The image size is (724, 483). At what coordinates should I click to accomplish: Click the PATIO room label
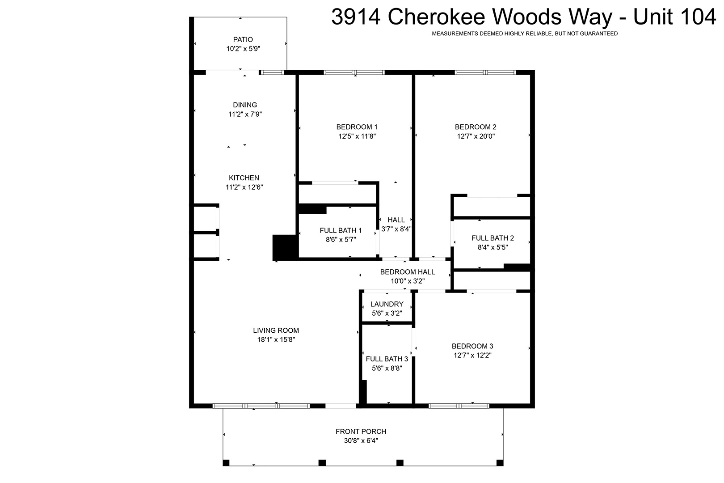coord(243,39)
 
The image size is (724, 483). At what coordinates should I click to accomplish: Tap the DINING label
coord(245,105)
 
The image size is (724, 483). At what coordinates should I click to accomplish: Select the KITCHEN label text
coord(244,178)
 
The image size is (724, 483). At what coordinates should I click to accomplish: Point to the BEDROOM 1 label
coord(357,127)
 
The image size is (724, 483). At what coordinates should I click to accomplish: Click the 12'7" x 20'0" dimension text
coord(476,136)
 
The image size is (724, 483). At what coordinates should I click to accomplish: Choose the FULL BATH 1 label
coord(341,230)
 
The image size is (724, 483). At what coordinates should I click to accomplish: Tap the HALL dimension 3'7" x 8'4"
coord(396,229)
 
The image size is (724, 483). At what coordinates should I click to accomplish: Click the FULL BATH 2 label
coord(492,238)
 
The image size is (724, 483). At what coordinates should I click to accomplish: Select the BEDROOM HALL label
coord(408,272)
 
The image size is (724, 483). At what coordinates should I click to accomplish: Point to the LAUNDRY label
coord(387,304)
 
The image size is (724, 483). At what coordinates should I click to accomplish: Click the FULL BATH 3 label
coord(387,359)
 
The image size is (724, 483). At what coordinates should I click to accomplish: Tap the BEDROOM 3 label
coord(472,346)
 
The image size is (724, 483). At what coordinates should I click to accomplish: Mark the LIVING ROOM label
coord(276,330)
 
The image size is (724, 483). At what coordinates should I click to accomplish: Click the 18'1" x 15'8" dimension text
coord(276,339)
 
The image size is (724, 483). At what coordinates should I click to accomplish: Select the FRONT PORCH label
coord(361,431)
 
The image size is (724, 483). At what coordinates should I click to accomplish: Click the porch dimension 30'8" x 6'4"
coord(361,441)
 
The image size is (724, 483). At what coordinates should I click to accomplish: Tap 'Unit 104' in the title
coord(674,17)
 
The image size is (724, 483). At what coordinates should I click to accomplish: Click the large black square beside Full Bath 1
coord(284,247)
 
